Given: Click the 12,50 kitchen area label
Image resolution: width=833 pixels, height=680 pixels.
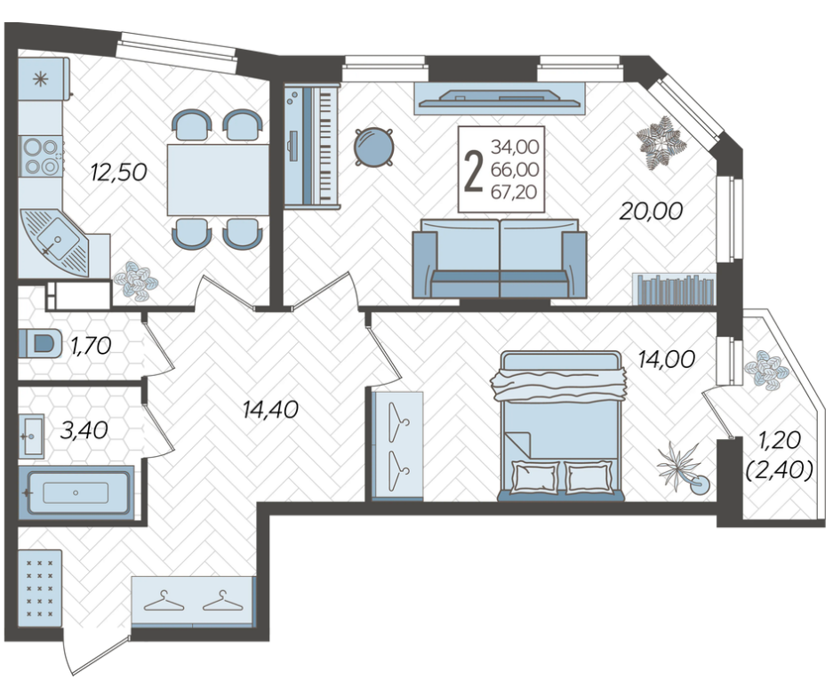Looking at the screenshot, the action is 118,172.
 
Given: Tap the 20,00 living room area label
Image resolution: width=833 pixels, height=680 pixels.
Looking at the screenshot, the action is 652,212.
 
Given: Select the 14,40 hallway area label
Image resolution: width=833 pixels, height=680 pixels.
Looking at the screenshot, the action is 270,409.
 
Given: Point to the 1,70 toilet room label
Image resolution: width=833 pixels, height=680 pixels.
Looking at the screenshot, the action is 91,347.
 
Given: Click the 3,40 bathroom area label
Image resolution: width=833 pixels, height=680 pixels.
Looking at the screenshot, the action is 84,430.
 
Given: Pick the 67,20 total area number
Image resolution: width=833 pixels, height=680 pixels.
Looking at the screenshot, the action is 514,192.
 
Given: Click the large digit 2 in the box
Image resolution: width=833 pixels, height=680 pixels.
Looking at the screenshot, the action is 473,170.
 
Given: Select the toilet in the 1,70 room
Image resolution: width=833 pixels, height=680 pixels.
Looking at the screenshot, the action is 40,343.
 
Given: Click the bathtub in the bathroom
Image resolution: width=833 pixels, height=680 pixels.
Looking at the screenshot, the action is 76,492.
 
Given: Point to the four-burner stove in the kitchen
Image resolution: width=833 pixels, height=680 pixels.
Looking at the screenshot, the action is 41,156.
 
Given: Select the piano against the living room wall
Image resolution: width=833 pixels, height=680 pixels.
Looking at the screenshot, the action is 311,146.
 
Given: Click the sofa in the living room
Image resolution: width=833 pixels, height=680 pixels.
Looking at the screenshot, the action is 500,258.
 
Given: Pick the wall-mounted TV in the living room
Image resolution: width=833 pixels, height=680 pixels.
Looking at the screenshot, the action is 500,98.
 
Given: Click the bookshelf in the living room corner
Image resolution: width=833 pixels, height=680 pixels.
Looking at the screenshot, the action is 674,289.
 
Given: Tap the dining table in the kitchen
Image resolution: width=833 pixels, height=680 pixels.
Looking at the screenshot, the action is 218,180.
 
